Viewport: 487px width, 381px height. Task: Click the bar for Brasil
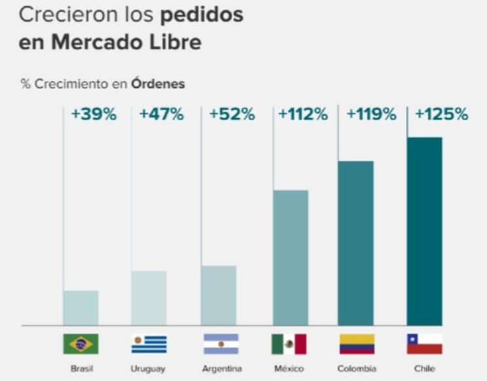tap(80, 308)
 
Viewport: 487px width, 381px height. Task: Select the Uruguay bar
tap(148, 298)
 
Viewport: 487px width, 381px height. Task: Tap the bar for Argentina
tap(218, 295)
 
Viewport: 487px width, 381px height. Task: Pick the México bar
tap(290, 257)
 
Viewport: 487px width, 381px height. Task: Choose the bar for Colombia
tap(356, 243)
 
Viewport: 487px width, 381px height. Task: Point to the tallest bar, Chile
tap(424, 231)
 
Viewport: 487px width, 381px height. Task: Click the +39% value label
tap(93, 114)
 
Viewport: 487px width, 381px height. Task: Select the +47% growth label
tap(161, 114)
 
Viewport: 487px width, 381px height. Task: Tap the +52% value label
tap(231, 114)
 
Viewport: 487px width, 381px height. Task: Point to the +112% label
tap(303, 114)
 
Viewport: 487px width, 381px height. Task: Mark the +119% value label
tap(371, 114)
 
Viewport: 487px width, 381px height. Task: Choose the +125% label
tap(442, 114)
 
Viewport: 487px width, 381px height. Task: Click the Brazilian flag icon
tap(80, 344)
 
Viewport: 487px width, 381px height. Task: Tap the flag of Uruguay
tap(148, 344)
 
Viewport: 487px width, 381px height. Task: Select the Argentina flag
tap(220, 344)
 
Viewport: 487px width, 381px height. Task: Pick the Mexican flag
tap(289, 344)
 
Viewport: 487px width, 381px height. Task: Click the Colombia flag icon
tap(357, 344)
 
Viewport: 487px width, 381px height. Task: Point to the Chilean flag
tap(424, 344)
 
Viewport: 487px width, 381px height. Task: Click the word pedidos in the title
tap(203, 15)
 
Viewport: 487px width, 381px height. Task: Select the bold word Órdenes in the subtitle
tap(158, 84)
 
